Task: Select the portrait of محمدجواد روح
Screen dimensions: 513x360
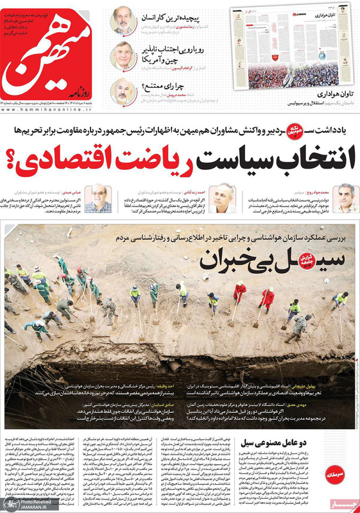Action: (345, 198)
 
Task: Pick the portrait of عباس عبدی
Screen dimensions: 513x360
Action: (98, 198)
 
